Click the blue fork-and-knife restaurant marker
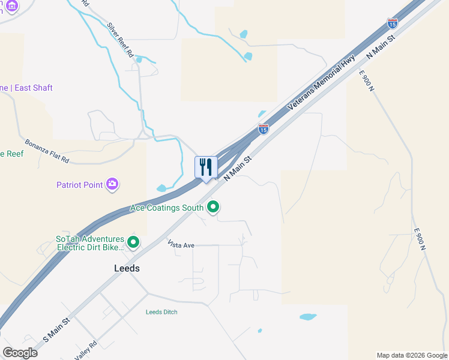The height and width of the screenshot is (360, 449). tap(206, 167)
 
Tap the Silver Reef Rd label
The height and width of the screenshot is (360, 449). tap(121, 40)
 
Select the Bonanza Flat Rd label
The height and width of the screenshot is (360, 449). tap(47, 152)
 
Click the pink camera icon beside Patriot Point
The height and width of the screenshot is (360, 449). tap(112, 184)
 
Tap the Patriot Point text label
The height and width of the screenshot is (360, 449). tap(80, 185)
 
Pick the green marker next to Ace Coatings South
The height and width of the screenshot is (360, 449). tap(212, 208)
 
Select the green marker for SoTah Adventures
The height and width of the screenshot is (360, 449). tap(133, 243)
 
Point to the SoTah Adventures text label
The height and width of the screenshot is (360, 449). tap(90, 242)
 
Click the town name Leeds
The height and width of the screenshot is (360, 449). tap(127, 268)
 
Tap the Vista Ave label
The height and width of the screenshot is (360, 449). tap(181, 245)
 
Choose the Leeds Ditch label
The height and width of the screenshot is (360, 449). tap(161, 312)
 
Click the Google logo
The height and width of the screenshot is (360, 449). tap(20, 353)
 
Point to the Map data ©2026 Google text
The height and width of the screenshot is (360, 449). tap(412, 355)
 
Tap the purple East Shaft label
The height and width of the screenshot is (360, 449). tap(26, 88)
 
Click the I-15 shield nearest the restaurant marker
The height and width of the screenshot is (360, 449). tap(263, 128)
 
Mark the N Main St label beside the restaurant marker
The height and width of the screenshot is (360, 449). tap(237, 168)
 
